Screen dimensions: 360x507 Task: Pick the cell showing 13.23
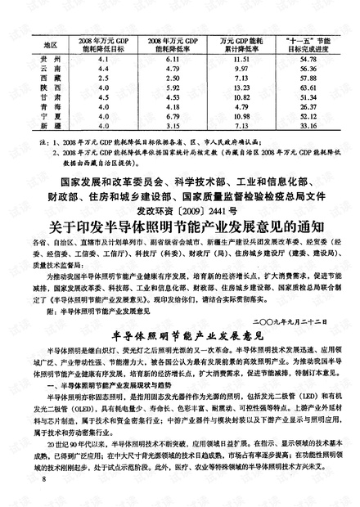click(239, 86)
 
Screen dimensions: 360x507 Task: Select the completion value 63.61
click(308, 86)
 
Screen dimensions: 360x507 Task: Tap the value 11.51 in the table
click(239, 61)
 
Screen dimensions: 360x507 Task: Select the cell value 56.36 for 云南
click(308, 69)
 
